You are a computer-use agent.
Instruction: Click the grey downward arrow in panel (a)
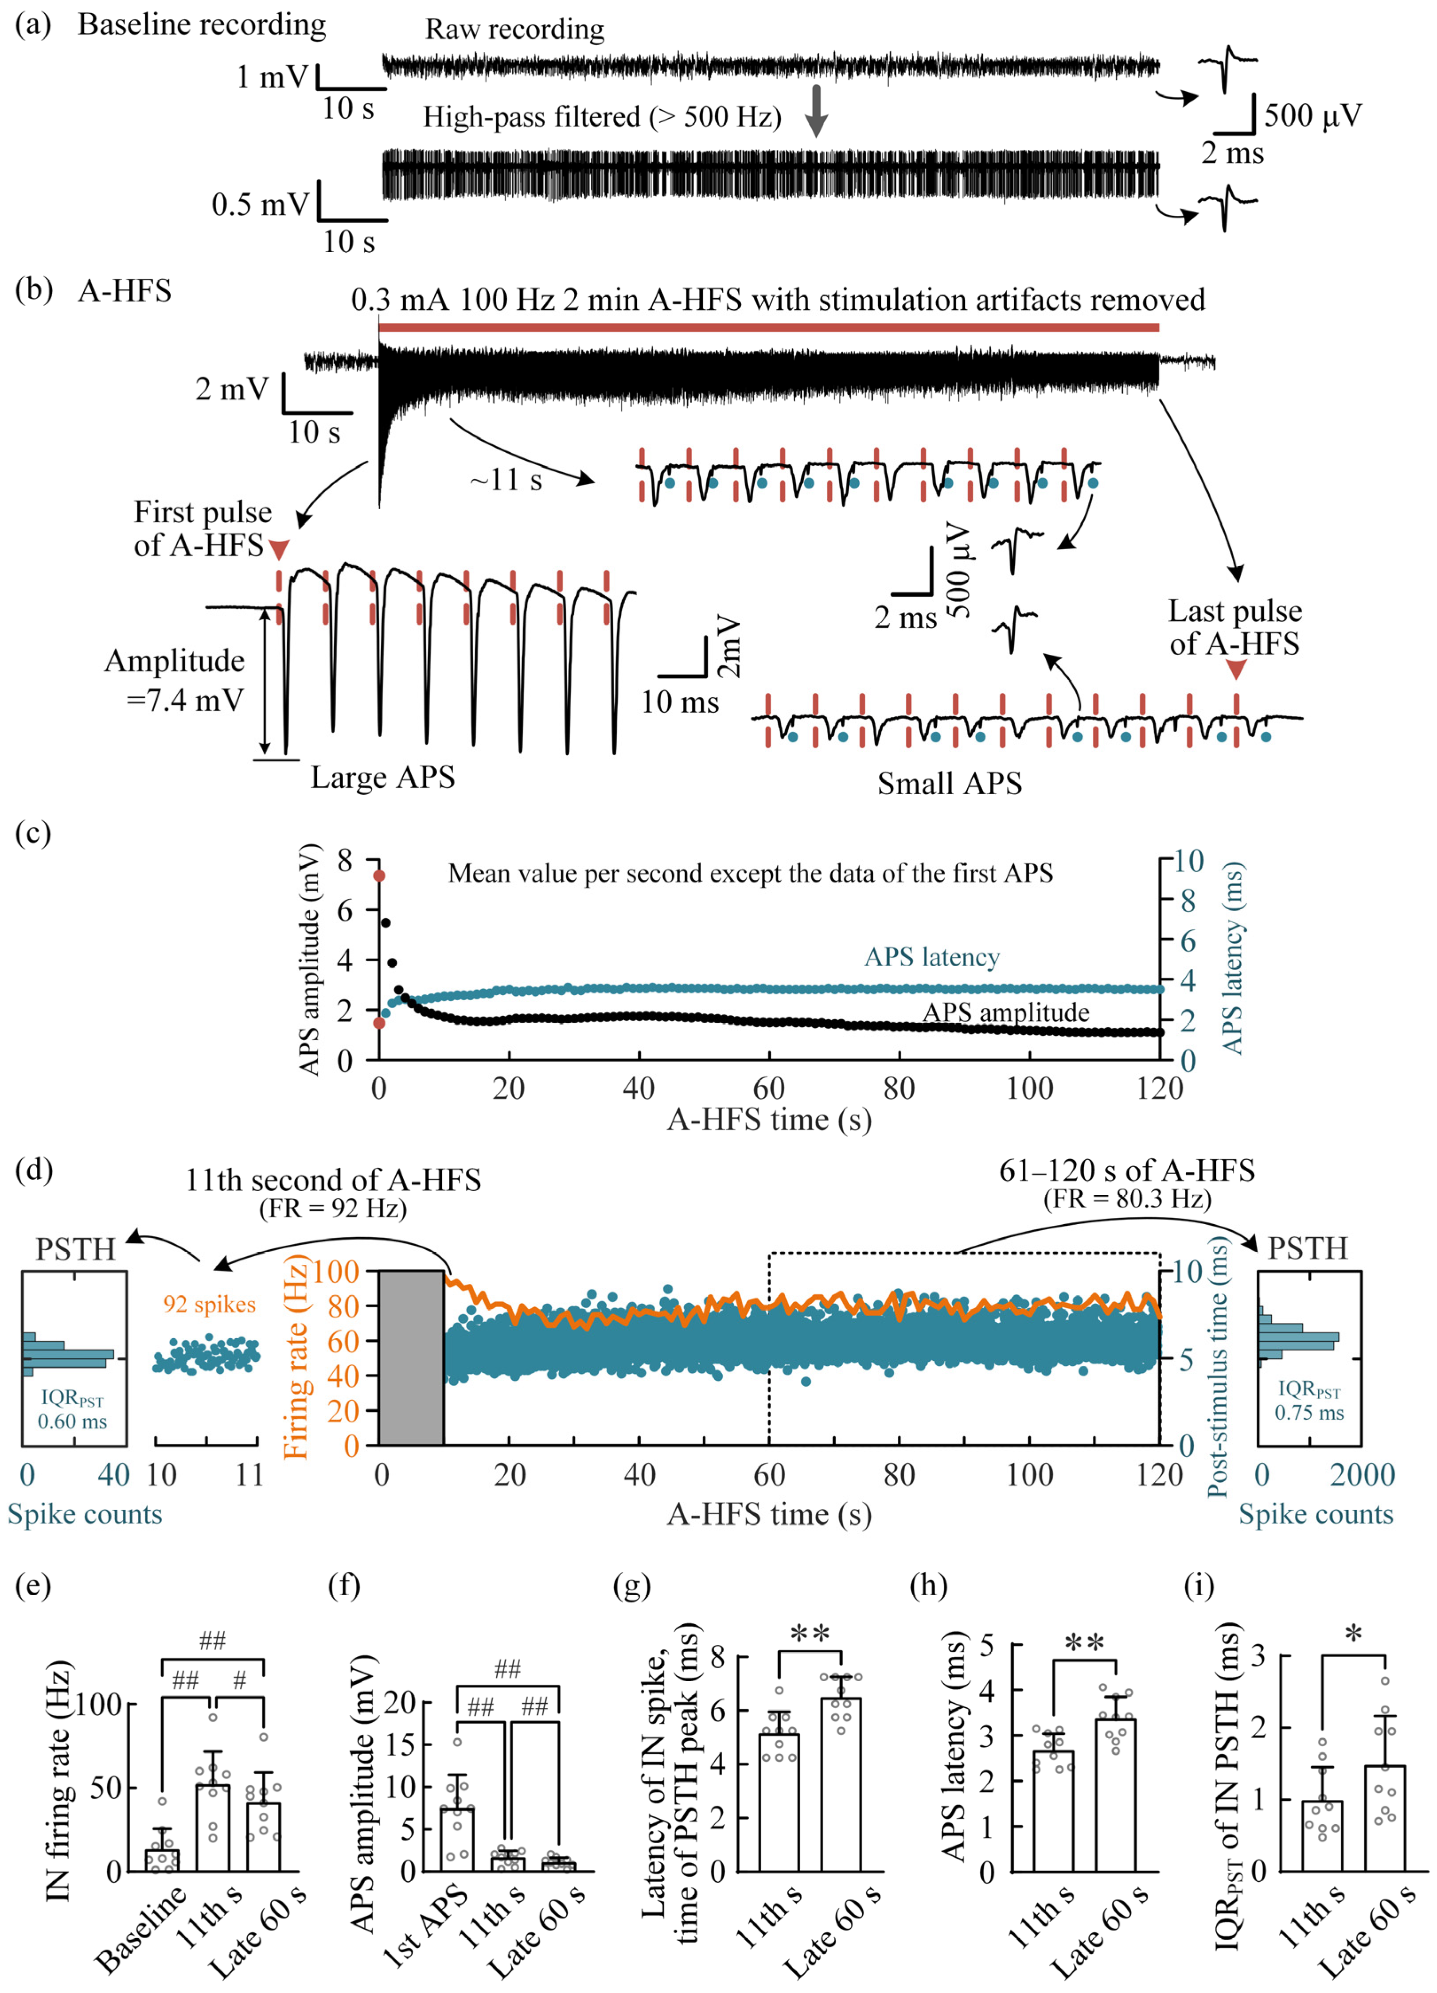coord(817,111)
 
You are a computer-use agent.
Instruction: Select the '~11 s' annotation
coord(506,480)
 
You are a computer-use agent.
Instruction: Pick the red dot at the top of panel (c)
coord(380,875)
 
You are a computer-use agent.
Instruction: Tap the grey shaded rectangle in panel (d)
coord(411,1358)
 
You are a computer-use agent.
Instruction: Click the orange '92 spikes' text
coord(209,1304)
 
